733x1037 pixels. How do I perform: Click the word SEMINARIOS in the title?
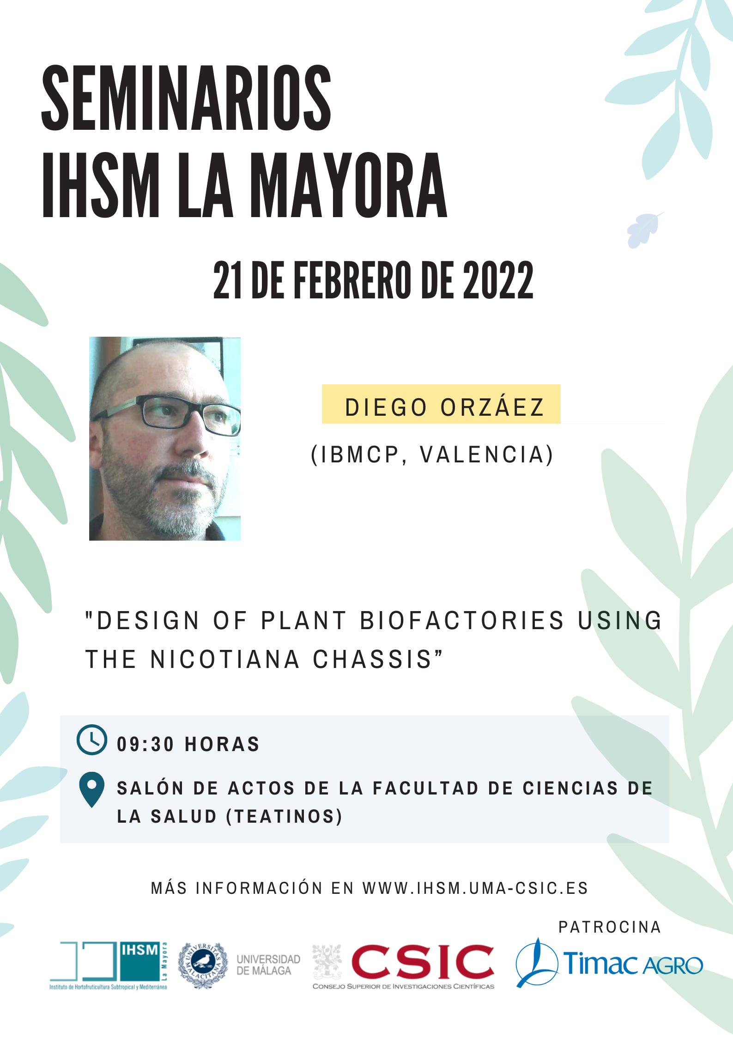186,98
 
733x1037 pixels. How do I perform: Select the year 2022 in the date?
498,280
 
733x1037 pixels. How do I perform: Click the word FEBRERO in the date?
351,280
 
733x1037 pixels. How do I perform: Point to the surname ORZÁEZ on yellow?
492,407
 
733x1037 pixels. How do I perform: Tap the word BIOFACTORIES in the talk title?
462,620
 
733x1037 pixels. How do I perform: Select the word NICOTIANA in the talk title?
225,659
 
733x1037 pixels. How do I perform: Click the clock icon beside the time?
92,740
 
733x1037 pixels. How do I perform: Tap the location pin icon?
92,789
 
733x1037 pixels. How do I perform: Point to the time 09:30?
145,745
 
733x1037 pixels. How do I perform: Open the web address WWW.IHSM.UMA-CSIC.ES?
475,888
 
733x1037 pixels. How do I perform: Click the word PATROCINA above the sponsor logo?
610,927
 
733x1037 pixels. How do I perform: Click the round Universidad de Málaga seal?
203,965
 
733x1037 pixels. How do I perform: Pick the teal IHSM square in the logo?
139,960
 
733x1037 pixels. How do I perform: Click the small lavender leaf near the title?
644,230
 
